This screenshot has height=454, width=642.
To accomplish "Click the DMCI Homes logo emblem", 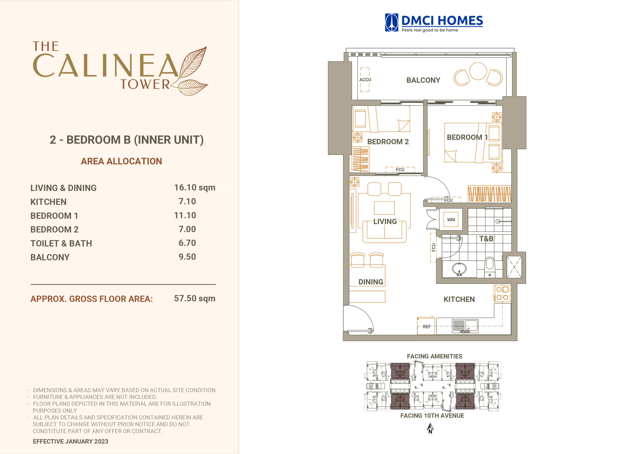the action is tap(391, 22).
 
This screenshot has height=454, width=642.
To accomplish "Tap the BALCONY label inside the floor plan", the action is tap(423, 80).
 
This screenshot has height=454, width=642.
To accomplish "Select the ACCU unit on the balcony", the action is tap(365, 80).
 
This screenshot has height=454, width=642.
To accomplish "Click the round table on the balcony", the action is tap(478, 71).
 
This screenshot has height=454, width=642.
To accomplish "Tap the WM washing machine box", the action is tap(451, 220).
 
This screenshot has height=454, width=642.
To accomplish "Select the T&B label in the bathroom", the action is tap(486, 239).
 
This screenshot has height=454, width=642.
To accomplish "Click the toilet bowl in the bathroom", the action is tap(490, 267).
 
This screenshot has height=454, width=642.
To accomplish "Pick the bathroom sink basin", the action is tap(459, 269).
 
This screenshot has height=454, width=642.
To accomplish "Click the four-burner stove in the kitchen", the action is tap(503, 293).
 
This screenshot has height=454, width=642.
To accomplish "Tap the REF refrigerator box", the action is tap(426, 326).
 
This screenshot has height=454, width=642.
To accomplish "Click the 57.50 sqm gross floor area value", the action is tap(195, 298).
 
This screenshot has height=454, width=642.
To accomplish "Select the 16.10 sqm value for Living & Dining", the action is tap(195, 187).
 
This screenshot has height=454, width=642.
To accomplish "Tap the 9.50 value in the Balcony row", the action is tap(187, 257).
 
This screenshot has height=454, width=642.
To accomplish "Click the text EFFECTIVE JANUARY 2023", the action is tap(70, 441).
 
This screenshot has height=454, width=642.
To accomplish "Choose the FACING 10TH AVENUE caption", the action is tap(432, 416).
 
